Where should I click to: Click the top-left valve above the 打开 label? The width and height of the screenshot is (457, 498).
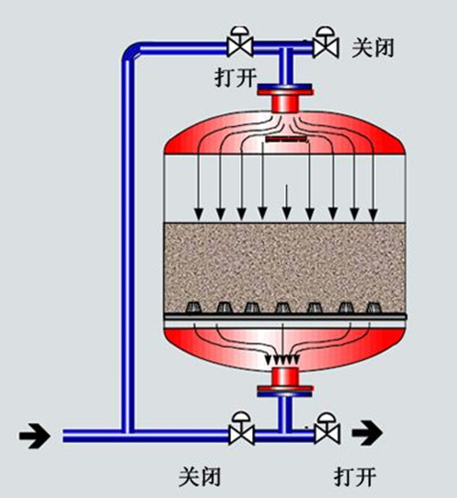coord(240,42)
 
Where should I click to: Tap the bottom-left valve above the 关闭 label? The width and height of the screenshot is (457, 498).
coord(241,429)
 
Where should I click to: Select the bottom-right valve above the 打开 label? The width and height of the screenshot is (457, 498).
coord(327,429)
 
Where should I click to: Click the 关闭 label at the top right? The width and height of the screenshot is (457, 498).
coord(373,48)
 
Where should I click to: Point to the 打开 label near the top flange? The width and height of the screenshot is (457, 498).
coord(236,77)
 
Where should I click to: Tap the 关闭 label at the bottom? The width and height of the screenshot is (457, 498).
coord(199,476)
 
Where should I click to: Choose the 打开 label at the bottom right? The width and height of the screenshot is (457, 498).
coord(355,476)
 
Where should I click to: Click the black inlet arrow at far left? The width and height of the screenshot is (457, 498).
coord(35,436)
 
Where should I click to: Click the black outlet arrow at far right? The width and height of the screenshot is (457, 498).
coord(367,432)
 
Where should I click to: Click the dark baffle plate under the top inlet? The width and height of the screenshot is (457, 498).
coord(286,139)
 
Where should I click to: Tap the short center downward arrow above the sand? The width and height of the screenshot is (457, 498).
coord(287,202)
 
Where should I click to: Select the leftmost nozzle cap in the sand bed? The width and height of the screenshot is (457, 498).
coord(193,307)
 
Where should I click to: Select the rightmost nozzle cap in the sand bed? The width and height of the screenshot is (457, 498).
coord(374,307)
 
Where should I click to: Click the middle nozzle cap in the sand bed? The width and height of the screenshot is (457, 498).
coord(282,307)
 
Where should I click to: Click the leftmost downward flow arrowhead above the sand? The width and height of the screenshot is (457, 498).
coord(199,215)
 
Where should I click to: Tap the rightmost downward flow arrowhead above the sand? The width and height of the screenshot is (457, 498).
coord(374,215)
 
